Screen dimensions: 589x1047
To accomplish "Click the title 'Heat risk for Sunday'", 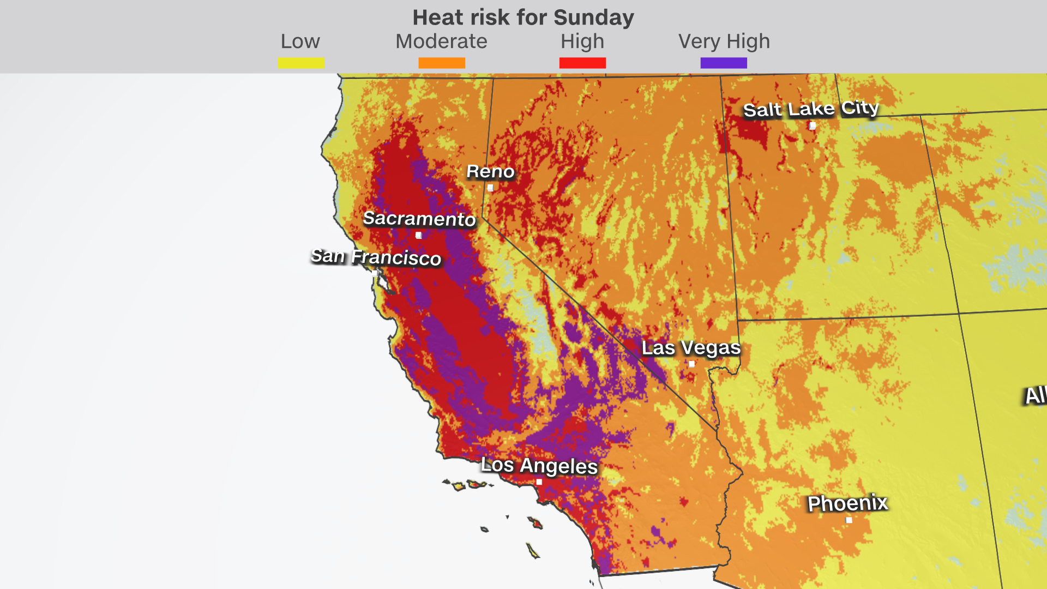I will [x=523, y=17].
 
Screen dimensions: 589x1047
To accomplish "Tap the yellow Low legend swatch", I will [x=301, y=63].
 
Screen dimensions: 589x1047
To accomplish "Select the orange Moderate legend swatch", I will [x=442, y=63].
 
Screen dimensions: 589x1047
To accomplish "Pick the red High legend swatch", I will [x=582, y=63].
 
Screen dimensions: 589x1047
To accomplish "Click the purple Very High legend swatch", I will [x=724, y=63].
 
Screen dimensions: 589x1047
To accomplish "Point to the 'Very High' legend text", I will [x=724, y=41].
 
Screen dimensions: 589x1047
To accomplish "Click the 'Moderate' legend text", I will [x=441, y=41].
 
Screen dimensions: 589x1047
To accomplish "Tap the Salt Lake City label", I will [x=811, y=109].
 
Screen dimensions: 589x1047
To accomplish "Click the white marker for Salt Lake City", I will [x=813, y=126].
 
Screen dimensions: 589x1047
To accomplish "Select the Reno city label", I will [x=490, y=172].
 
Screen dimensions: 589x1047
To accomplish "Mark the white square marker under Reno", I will [x=490, y=188].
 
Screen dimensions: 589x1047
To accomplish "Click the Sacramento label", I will [x=419, y=219].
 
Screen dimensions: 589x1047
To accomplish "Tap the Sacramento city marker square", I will [x=418, y=236].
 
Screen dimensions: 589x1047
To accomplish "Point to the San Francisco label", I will [x=376, y=257].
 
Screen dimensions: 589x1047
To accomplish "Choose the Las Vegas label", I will [x=691, y=348].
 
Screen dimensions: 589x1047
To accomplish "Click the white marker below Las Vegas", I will [x=691, y=364].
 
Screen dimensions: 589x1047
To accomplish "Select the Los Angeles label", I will [x=539, y=466].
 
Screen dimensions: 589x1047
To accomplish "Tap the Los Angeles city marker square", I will [x=539, y=482].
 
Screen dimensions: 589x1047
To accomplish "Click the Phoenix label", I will [x=847, y=503].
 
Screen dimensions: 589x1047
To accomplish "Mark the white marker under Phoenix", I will [x=849, y=520].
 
